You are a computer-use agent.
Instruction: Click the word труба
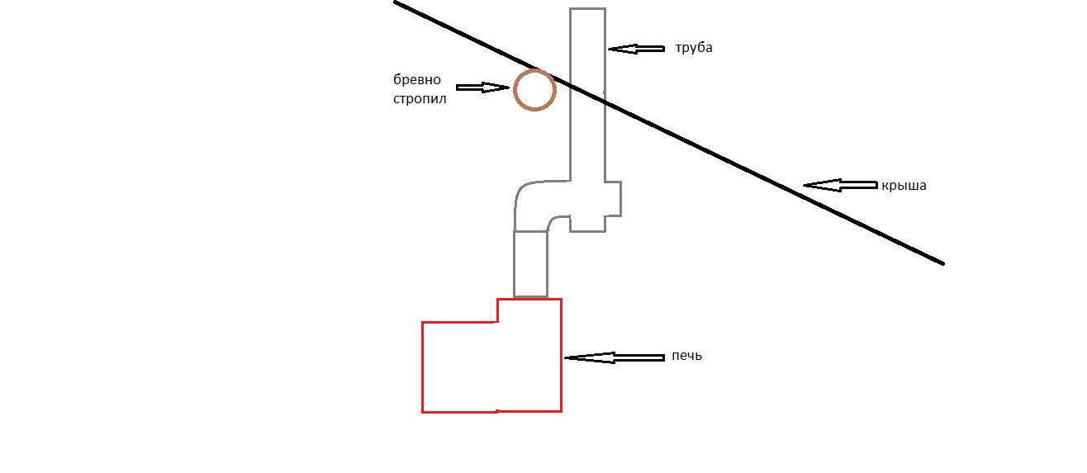point(693,48)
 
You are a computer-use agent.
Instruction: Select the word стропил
point(420,100)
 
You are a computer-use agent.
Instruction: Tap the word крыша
point(904,186)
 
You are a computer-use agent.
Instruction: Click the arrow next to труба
point(635,49)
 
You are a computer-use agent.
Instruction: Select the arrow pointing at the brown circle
point(482,88)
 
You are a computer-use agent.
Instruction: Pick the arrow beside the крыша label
point(838,186)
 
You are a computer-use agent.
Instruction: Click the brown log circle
point(534,90)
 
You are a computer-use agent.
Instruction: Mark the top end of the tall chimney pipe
point(587,10)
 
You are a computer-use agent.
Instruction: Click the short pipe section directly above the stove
point(530,263)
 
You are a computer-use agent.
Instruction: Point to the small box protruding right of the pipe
point(612,198)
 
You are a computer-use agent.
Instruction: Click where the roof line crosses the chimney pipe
point(587,93)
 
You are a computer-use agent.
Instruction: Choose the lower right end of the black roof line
point(942,263)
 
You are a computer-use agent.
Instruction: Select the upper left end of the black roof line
point(396,2)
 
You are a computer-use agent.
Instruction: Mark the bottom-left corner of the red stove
point(423,411)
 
